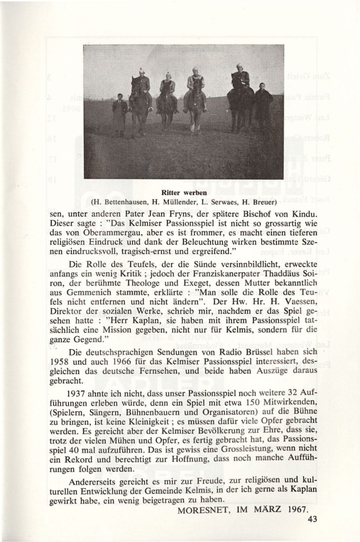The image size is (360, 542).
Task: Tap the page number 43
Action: tap(312, 519)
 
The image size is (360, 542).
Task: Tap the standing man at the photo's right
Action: tap(262, 108)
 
